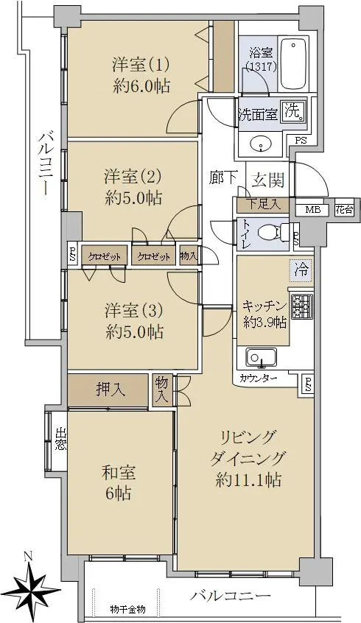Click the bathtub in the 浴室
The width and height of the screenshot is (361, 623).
click(294, 64)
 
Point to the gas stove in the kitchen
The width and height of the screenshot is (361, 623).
click(302, 307)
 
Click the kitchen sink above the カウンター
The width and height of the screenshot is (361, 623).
click(262, 358)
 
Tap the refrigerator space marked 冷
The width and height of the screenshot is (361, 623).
click(301, 271)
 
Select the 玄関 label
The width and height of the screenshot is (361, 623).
click(269, 180)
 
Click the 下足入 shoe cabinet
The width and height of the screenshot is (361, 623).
click(263, 205)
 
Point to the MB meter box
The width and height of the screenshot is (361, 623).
click(312, 210)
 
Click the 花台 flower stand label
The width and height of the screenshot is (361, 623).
click(344, 210)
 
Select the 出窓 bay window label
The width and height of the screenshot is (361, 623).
click(60, 439)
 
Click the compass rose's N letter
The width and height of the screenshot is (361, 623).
click(27, 557)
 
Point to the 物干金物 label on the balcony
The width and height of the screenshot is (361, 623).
click(127, 609)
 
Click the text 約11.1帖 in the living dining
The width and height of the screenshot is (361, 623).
click(248, 480)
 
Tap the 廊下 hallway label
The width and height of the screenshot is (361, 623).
click(223, 178)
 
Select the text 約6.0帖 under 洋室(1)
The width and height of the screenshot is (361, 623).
click(141, 86)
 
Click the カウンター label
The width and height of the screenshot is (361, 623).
click(259, 379)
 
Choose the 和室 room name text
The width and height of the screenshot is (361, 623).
click(119, 473)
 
